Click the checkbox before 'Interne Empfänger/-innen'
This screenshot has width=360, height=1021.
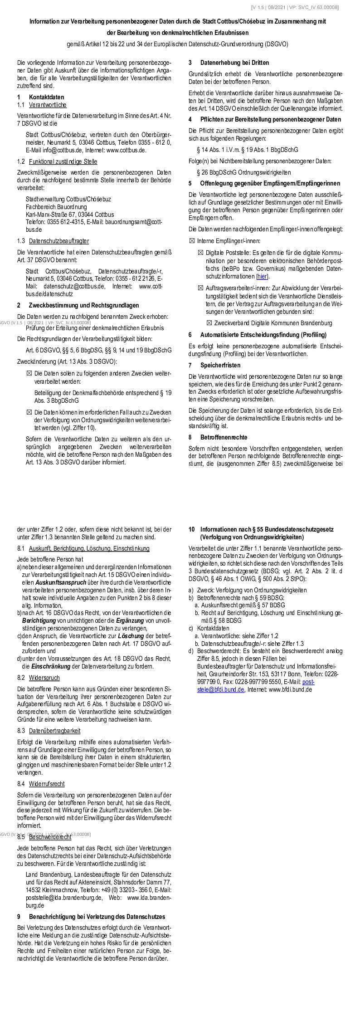(x=191, y=241)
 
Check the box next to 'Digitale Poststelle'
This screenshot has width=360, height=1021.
(x=200, y=252)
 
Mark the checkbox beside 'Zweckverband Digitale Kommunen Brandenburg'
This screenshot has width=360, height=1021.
(x=209, y=323)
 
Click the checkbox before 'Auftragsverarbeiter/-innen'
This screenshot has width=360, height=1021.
(x=200, y=288)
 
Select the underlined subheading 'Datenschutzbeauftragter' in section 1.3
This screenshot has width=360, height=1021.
(x=59, y=241)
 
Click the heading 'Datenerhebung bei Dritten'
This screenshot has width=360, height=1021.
(x=234, y=63)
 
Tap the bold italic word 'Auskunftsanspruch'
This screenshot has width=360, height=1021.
(x=61, y=582)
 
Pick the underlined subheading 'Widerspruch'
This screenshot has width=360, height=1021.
(x=44, y=678)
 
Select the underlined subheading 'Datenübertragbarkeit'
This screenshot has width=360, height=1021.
(x=54, y=731)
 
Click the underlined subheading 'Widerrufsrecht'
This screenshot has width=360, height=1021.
(x=47, y=784)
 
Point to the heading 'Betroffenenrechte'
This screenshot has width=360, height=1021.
(x=224, y=437)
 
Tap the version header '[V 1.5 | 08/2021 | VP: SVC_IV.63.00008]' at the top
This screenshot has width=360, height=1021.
(x=295, y=7)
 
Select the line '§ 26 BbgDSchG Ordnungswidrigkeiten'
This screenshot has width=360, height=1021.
(x=244, y=172)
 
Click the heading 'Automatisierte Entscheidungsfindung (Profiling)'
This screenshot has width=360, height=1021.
(x=263, y=335)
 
